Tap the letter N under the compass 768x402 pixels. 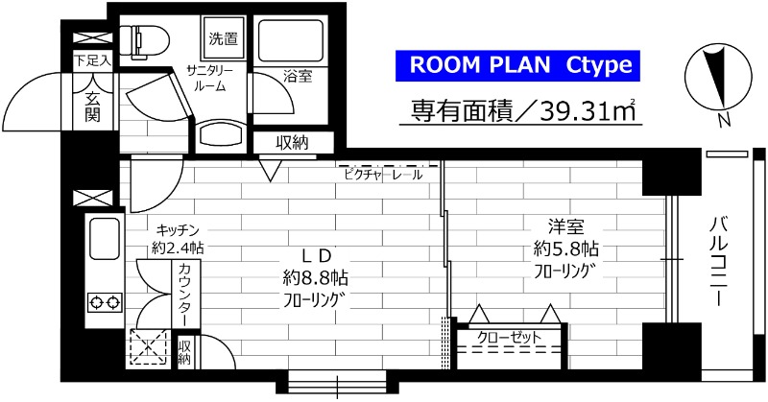[724, 120]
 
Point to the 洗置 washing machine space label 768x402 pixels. [225, 38]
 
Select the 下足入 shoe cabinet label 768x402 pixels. [93, 59]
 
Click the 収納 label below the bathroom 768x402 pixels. [292, 143]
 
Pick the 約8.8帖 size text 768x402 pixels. [316, 277]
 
